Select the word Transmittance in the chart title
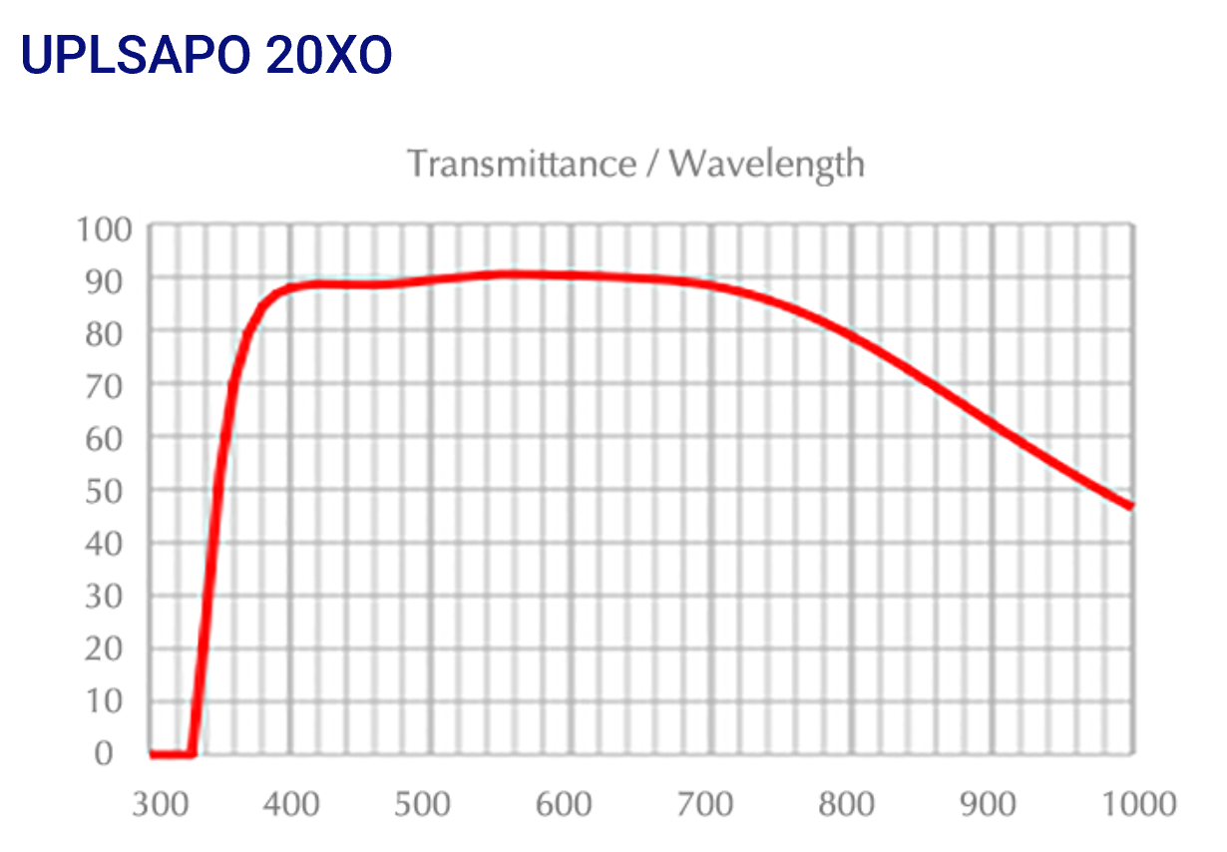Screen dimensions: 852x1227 pyautogui.click(x=522, y=163)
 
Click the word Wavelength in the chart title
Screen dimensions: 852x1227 pyautogui.click(x=767, y=163)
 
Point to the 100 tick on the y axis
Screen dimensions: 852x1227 pyautogui.click(x=104, y=228)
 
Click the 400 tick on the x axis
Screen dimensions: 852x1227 pyautogui.click(x=290, y=803)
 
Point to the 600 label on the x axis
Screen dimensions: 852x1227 pyautogui.click(x=572, y=803)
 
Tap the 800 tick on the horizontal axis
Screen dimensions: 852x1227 pyautogui.click(x=851, y=803)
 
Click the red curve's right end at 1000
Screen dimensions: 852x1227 pyautogui.click(x=1131, y=506)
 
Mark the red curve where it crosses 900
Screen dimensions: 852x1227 pyautogui.click(x=993, y=424)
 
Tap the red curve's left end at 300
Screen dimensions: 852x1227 pyautogui.click(x=153, y=754)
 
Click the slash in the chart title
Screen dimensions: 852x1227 pyautogui.click(x=652, y=163)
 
